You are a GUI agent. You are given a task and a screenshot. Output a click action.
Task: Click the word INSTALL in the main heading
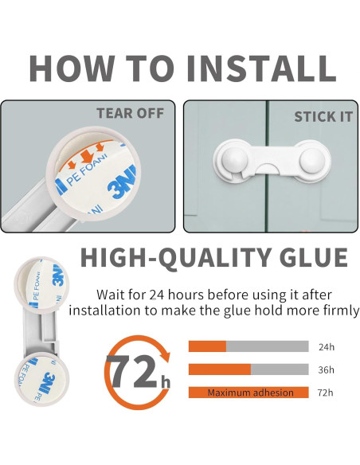(262, 68)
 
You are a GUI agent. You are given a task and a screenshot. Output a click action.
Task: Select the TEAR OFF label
(130, 113)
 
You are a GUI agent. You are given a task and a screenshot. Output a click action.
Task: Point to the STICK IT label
(323, 116)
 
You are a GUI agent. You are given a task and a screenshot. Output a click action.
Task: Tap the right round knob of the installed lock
(312, 159)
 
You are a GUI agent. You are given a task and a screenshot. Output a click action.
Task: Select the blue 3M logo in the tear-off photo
(121, 184)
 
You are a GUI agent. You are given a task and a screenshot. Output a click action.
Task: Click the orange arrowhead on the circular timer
(165, 354)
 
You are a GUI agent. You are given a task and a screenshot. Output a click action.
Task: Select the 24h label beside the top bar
(327, 346)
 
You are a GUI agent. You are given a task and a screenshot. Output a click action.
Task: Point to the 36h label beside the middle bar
(326, 369)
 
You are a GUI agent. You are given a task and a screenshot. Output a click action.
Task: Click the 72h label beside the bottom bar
(325, 393)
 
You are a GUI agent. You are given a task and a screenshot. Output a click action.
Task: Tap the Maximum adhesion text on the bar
(251, 393)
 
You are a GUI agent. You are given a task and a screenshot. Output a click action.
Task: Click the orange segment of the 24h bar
(208, 346)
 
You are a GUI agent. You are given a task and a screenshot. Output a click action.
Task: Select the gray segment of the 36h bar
(280, 369)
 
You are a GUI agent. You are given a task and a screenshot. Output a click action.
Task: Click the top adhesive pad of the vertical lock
(41, 283)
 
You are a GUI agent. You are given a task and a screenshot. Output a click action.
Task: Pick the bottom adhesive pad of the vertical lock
(41, 379)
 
